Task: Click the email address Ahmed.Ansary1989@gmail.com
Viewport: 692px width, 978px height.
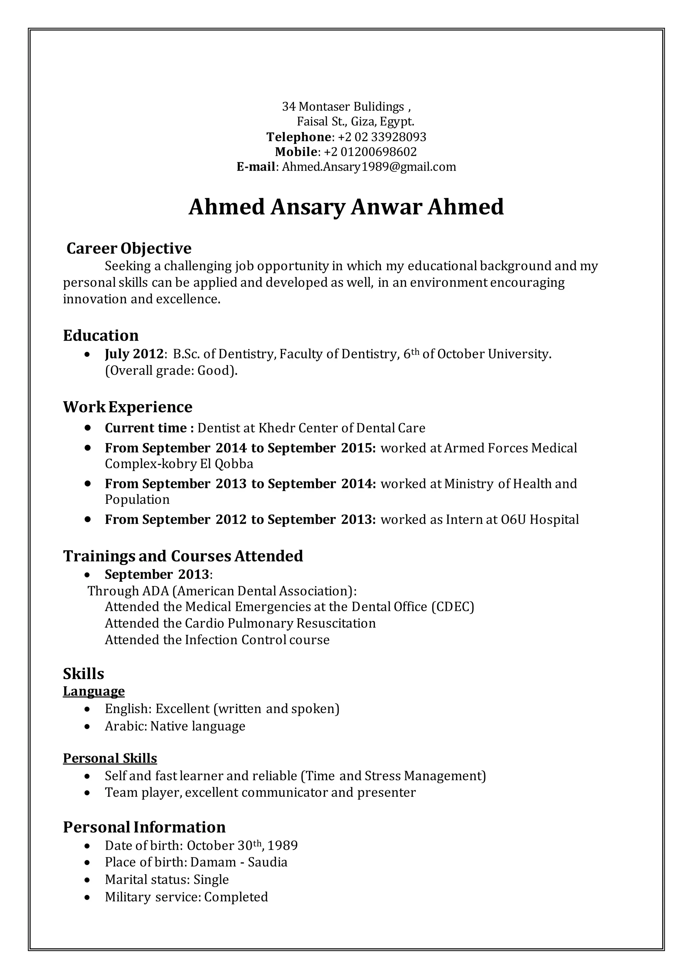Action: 369,166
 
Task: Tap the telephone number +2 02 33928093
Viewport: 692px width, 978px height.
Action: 382,137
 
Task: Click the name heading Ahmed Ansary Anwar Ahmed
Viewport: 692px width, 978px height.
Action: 346,207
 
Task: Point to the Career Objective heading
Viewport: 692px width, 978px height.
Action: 129,248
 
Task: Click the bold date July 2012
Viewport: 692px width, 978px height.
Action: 134,354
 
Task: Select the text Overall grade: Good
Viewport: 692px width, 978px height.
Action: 170,370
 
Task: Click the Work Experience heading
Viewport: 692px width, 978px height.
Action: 127,407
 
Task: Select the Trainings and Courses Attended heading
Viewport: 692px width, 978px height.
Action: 183,556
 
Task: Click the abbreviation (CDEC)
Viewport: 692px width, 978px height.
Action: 452,607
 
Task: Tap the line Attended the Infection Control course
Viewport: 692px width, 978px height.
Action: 217,640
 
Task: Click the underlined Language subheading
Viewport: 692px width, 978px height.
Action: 94,691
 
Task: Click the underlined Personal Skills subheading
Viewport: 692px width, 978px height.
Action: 110,758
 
